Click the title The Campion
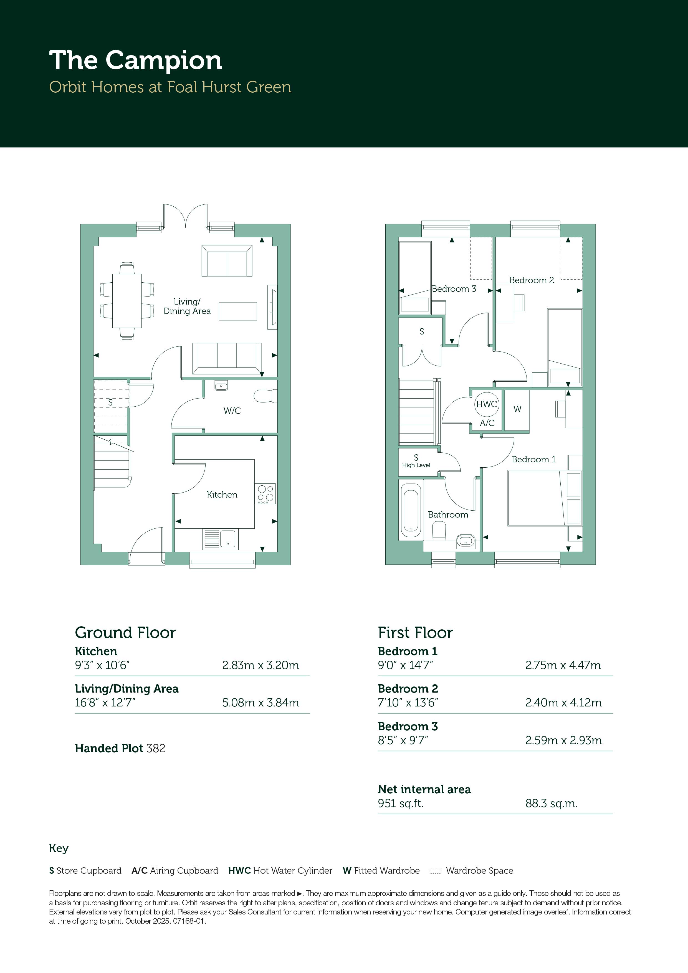pos(136,60)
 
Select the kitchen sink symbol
pos(221,539)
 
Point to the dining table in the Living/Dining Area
pos(127,301)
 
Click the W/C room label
pos(232,411)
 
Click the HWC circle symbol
pos(487,404)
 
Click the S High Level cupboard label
pos(416,461)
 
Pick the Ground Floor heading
pos(125,632)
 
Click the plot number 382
pos(156,748)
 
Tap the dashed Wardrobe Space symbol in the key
pos(435,871)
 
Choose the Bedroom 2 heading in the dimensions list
pos(408,689)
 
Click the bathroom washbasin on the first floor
pos(466,541)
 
